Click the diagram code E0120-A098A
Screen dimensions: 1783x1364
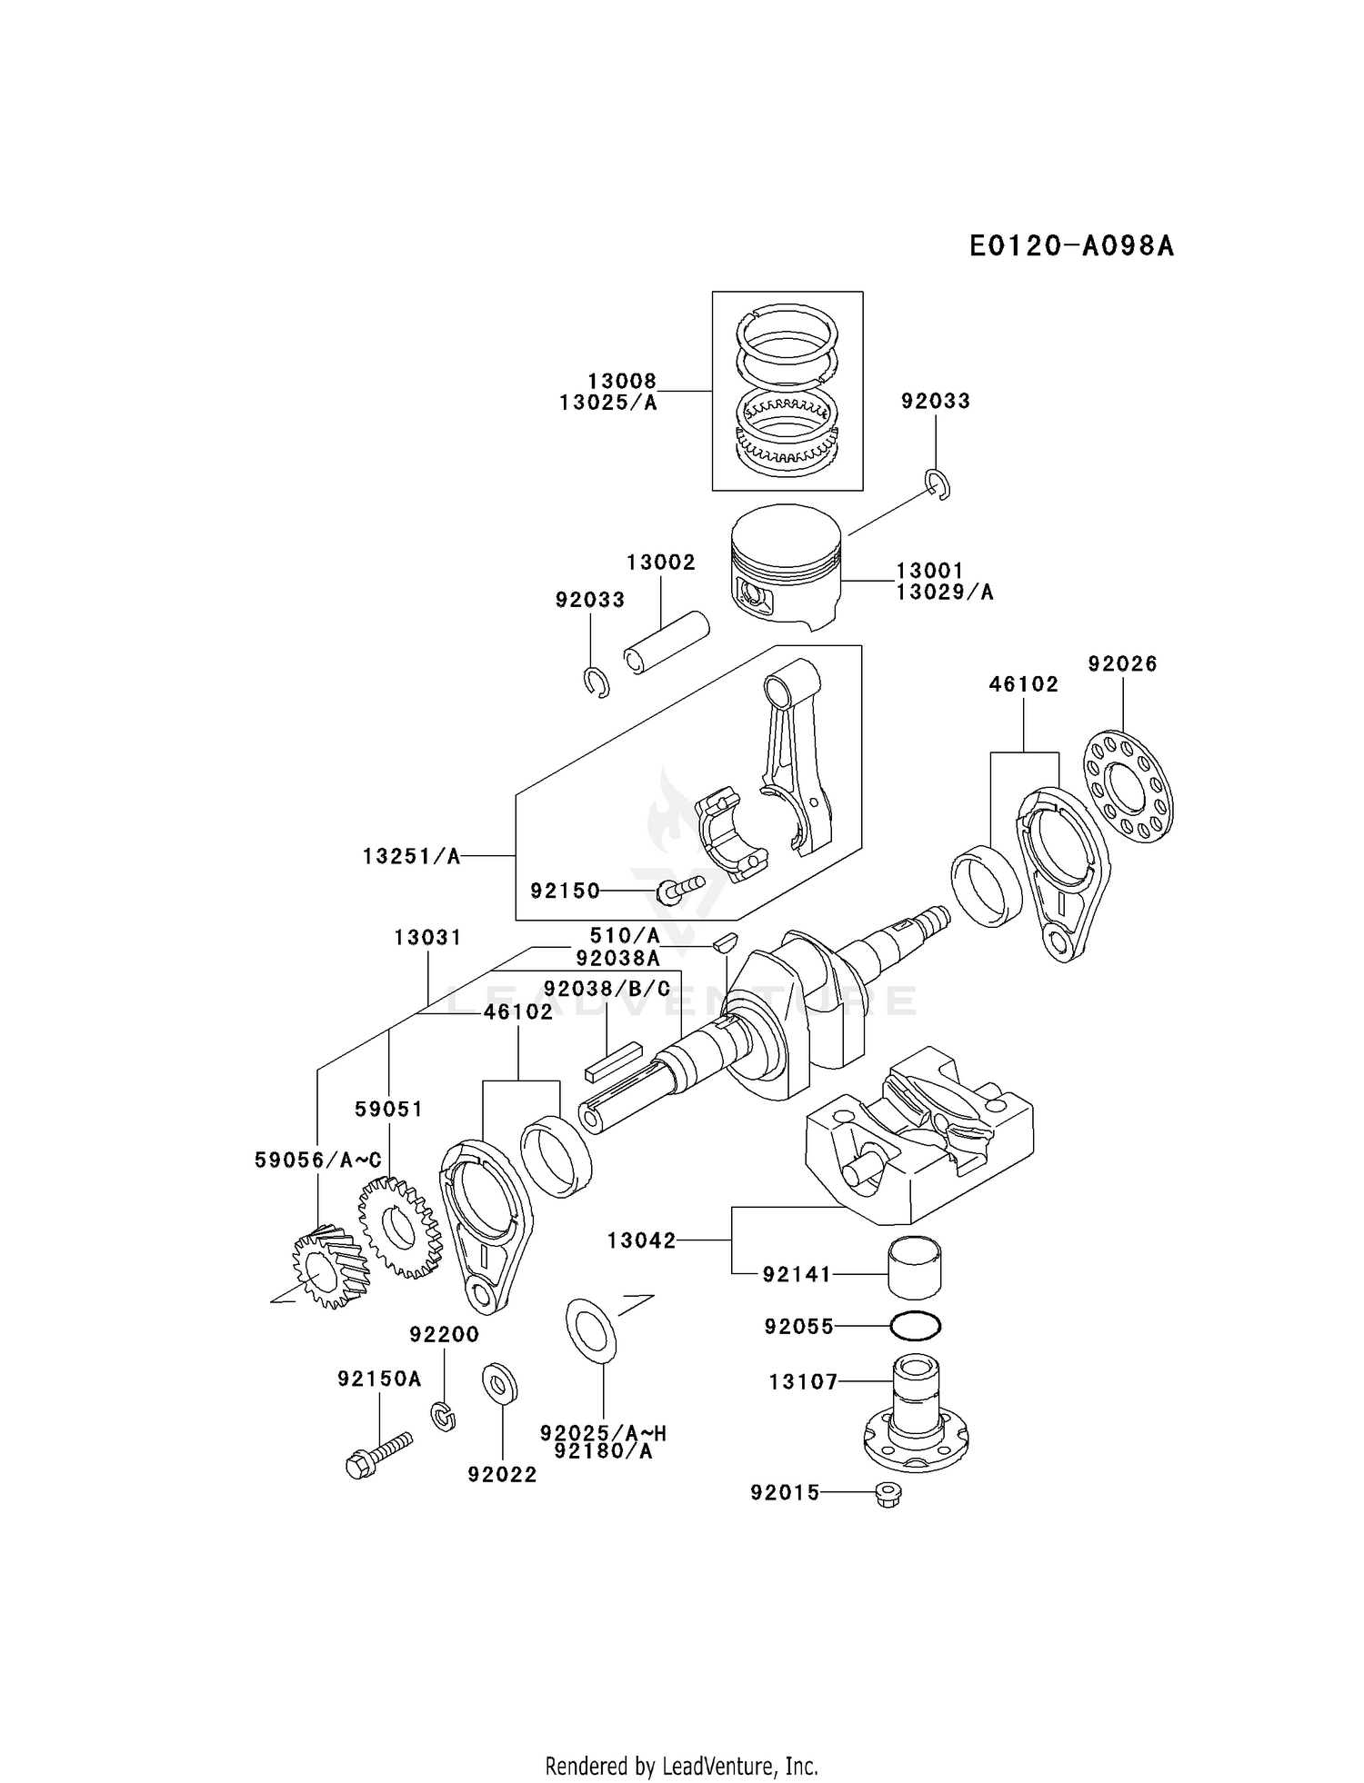click(1071, 246)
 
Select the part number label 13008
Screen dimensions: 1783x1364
click(621, 382)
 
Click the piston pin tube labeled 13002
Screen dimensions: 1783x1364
click(667, 642)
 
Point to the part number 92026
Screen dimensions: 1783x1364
click(1122, 664)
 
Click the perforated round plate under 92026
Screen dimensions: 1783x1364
click(1128, 787)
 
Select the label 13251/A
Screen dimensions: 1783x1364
click(411, 856)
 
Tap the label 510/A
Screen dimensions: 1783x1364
click(625, 936)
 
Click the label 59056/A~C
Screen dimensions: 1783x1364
click(317, 1160)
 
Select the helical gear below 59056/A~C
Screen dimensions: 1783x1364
click(328, 1267)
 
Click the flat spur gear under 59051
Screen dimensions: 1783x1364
click(398, 1227)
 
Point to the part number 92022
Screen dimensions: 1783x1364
click(502, 1475)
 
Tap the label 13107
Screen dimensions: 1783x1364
click(803, 1382)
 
